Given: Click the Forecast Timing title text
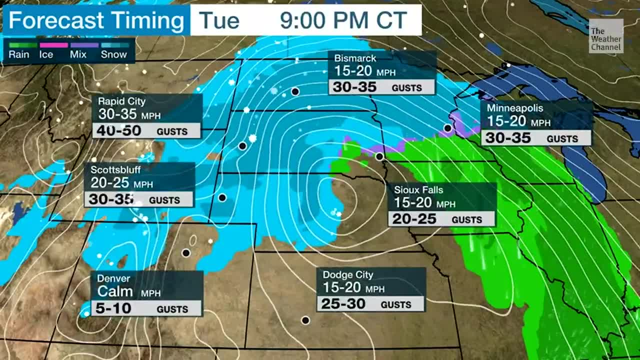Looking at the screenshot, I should (96, 20).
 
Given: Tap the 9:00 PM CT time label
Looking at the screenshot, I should (343, 20).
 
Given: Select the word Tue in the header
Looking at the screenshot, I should (219, 20).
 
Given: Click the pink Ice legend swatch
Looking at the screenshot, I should (53, 45).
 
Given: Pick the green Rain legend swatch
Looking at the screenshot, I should (22, 45).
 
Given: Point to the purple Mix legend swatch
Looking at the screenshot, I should (84, 45).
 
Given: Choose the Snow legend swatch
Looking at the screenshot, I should (115, 45).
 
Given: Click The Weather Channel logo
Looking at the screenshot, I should (605, 38).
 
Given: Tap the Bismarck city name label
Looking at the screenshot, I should (355, 58).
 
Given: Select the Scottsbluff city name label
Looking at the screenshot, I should (115, 169).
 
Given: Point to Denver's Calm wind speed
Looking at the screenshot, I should (115, 291).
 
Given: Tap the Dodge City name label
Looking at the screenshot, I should (348, 274).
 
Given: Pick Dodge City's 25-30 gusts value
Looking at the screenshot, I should (343, 304).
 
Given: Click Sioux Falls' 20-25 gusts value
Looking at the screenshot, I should (414, 219).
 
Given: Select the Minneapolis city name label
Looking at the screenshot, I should (515, 107).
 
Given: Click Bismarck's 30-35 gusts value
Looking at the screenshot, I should (354, 87).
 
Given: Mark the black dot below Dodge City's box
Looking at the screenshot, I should (305, 320).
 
